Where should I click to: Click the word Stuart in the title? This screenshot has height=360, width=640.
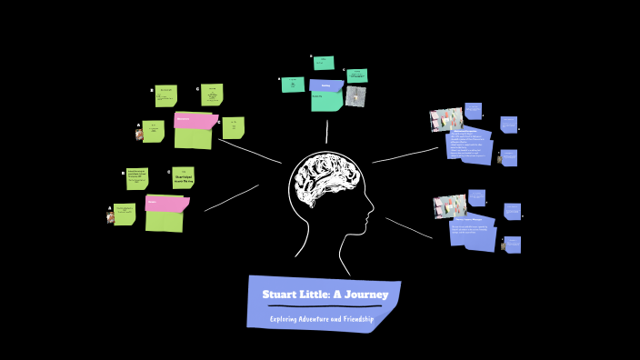point(280,295)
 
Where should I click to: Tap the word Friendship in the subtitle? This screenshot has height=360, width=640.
point(355,319)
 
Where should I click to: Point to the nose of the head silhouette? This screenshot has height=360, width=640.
point(372,211)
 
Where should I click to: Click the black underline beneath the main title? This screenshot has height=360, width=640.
point(325,307)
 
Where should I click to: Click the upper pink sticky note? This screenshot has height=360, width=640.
point(195,120)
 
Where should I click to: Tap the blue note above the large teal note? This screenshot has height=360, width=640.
point(325,85)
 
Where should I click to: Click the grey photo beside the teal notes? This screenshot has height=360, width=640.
point(355,96)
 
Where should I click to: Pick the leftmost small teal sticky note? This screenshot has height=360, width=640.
point(293,85)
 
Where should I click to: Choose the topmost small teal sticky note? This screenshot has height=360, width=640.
point(324,63)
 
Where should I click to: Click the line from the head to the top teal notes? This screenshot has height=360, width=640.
point(326,131)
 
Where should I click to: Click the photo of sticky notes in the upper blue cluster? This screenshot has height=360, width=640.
point(445,120)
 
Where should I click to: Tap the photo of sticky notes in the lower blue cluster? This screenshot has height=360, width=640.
point(449,206)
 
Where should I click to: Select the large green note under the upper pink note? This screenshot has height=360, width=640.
point(193,138)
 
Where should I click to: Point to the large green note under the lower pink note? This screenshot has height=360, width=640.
point(164,221)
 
